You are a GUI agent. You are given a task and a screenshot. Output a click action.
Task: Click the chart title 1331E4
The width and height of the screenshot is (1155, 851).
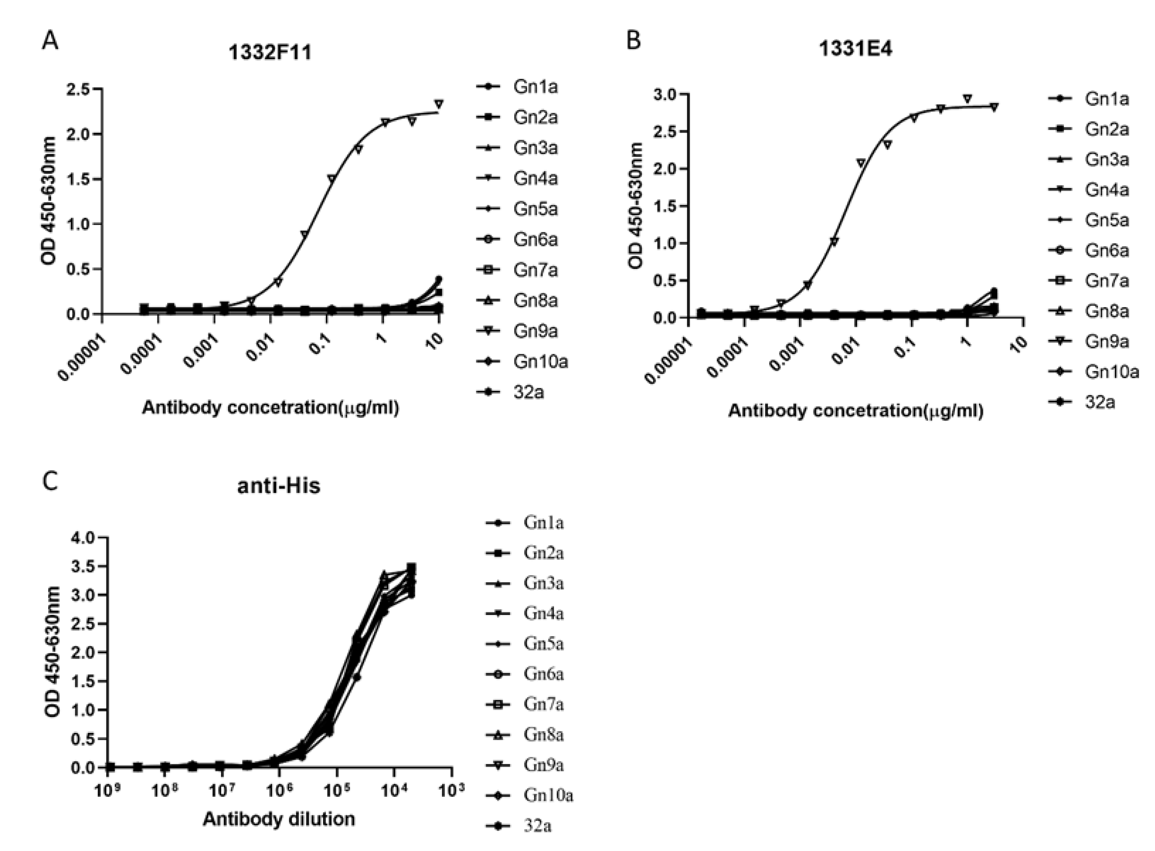[855, 49]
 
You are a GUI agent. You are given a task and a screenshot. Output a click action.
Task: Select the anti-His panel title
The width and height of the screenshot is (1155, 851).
[279, 486]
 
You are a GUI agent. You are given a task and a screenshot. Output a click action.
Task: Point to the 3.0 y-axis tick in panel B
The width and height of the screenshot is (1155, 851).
[664, 94]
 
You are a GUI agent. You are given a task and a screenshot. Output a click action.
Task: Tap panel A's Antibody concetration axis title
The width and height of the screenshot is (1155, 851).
[270, 408]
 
